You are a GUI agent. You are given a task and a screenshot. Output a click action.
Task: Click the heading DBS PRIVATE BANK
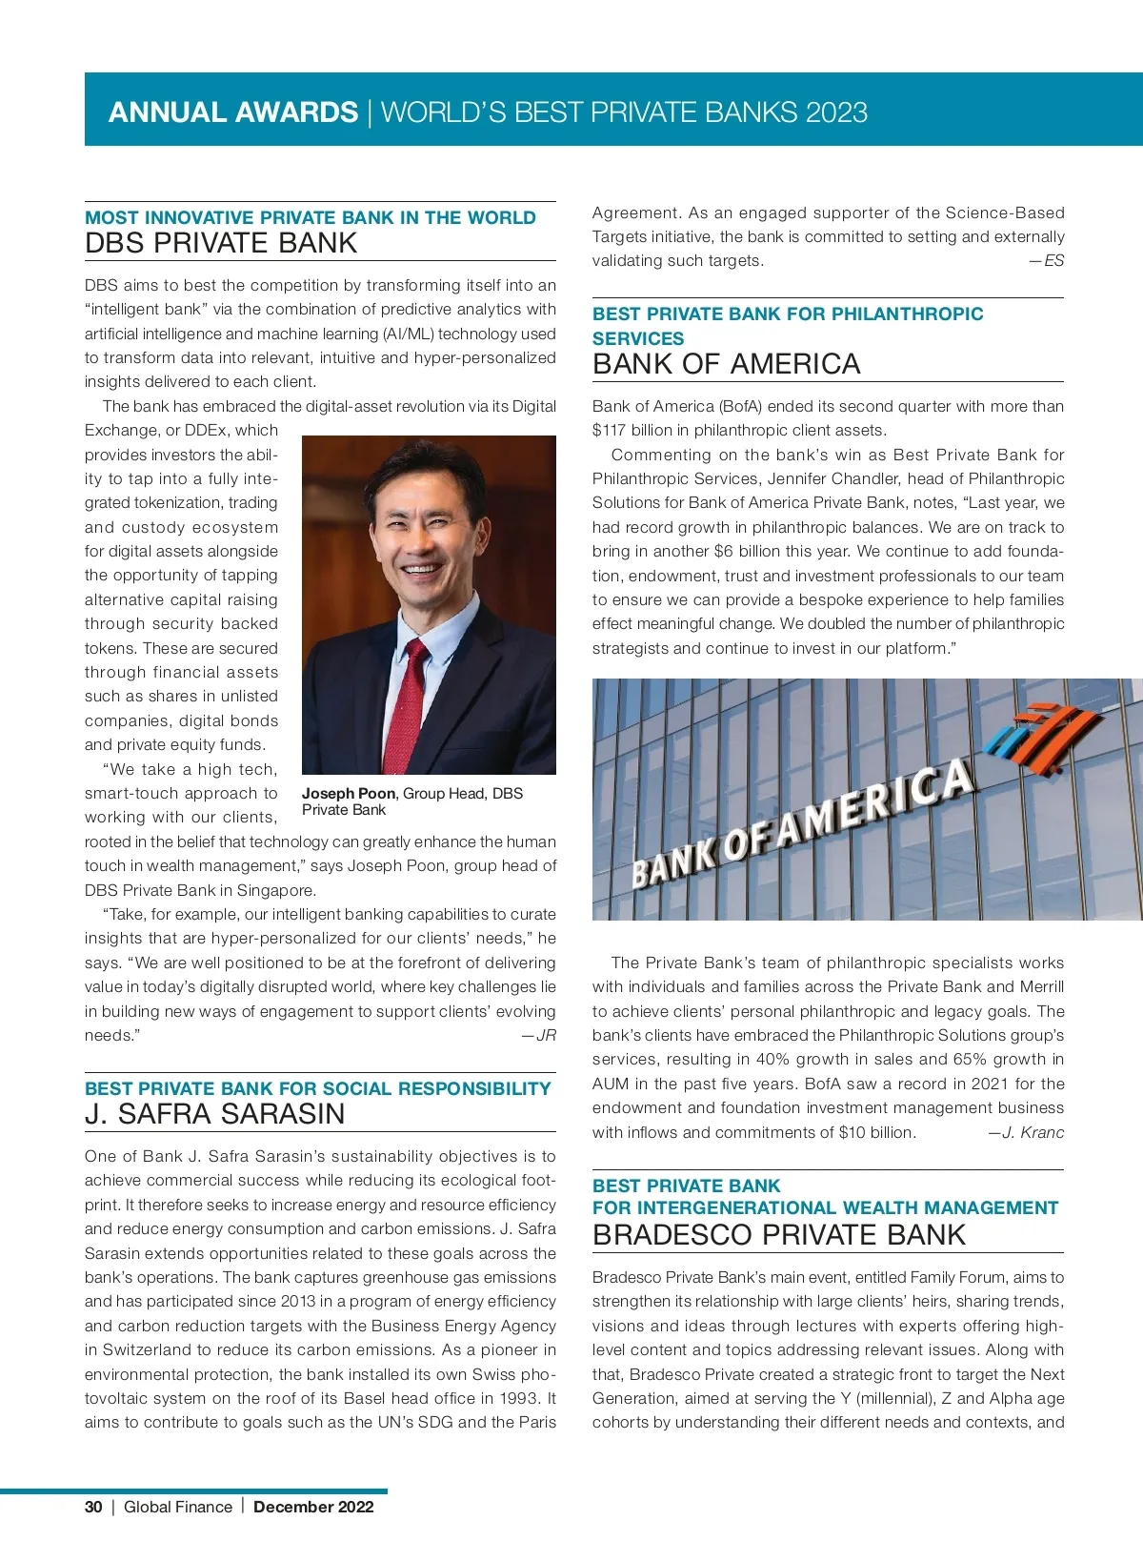(221, 243)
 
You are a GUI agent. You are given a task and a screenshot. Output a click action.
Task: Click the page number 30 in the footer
(93, 1507)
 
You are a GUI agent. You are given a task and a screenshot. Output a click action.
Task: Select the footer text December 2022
(313, 1507)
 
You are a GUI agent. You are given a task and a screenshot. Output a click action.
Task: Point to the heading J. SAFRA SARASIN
(214, 1114)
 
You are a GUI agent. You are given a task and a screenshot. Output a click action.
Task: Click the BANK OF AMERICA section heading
(726, 364)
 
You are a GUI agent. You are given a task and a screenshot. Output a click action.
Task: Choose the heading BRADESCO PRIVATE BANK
(778, 1235)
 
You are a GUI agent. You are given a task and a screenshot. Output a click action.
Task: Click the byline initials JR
(546, 1036)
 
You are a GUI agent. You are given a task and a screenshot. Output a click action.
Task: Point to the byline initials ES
(1053, 261)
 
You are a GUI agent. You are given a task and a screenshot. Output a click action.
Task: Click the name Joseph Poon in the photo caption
(349, 794)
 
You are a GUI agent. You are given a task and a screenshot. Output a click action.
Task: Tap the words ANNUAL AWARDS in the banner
(233, 112)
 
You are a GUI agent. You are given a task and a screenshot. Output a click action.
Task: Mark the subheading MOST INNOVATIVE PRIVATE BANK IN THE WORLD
(311, 217)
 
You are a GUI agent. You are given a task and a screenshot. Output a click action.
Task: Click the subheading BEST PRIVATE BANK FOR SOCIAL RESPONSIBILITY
(317, 1088)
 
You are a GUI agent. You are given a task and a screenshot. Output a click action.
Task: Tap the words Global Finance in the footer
(178, 1507)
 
